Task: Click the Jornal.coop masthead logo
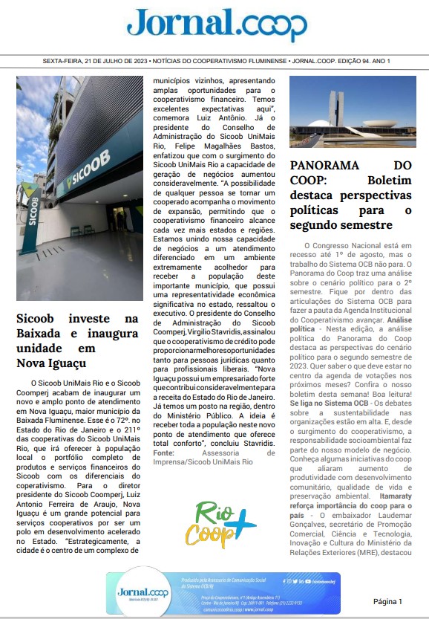[x=216, y=25]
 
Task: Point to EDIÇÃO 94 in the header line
[x=345, y=60]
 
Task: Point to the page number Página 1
[x=387, y=601]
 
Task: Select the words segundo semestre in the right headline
[x=341, y=224]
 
